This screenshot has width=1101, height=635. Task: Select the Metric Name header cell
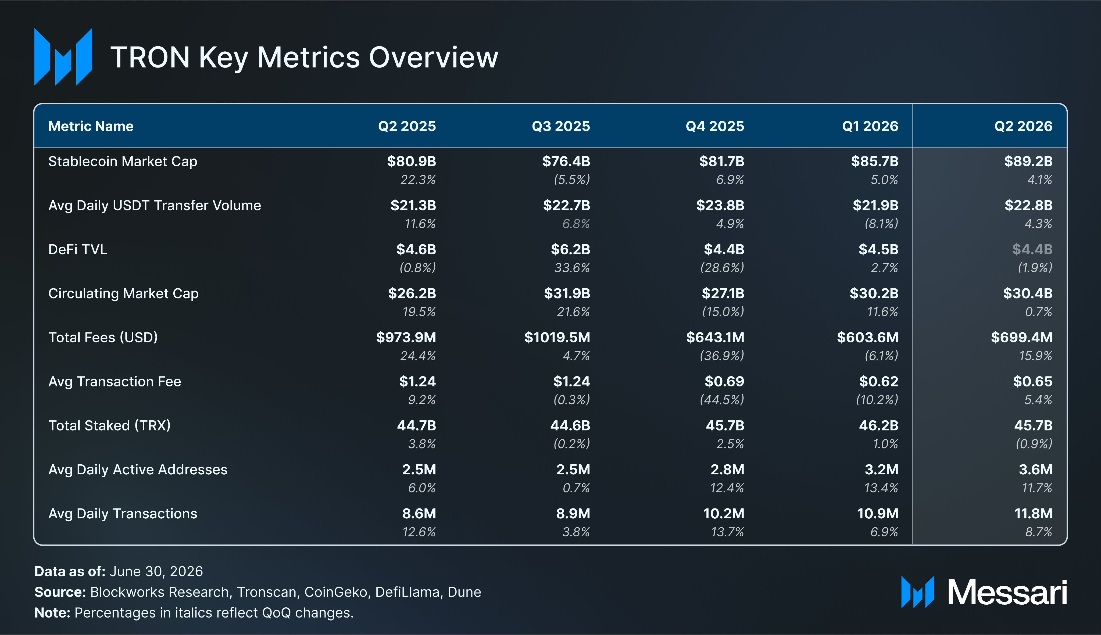[x=91, y=126]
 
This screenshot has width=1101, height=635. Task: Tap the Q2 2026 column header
[x=1023, y=126]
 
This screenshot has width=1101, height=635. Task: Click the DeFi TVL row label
[x=78, y=249]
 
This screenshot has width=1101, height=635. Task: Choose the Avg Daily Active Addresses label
[x=138, y=470]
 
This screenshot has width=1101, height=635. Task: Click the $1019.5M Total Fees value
[x=557, y=338]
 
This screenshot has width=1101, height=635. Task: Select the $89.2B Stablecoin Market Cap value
[x=1028, y=161]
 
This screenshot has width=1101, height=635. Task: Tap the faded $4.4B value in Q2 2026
[x=1032, y=249]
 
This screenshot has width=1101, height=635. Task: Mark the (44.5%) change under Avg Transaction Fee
[x=722, y=400]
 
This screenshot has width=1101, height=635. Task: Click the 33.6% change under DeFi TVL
[x=572, y=268]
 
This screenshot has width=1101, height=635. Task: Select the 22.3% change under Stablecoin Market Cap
[x=418, y=180]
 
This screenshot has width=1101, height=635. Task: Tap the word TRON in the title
[x=150, y=58]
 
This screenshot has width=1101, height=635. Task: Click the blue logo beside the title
[x=63, y=57]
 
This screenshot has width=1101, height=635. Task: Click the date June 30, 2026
[x=156, y=571]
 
